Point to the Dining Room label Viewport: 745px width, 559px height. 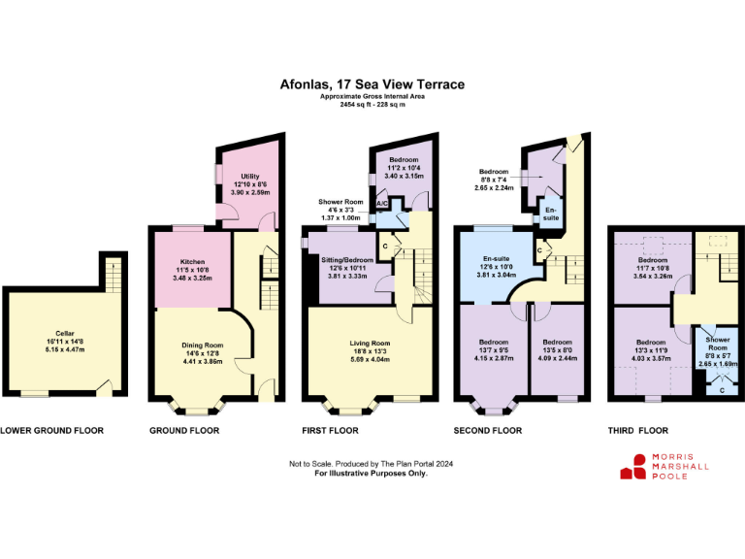pos(203,345)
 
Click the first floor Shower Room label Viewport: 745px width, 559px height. pos(339,202)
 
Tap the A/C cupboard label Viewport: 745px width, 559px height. pos(382,203)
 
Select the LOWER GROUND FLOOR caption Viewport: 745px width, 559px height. pos(51,430)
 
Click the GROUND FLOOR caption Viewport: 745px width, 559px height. pos(183,430)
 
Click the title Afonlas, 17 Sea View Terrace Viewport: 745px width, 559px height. pos(372,85)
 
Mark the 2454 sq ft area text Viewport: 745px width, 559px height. pos(372,104)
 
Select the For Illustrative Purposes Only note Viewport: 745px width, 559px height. pos(372,473)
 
